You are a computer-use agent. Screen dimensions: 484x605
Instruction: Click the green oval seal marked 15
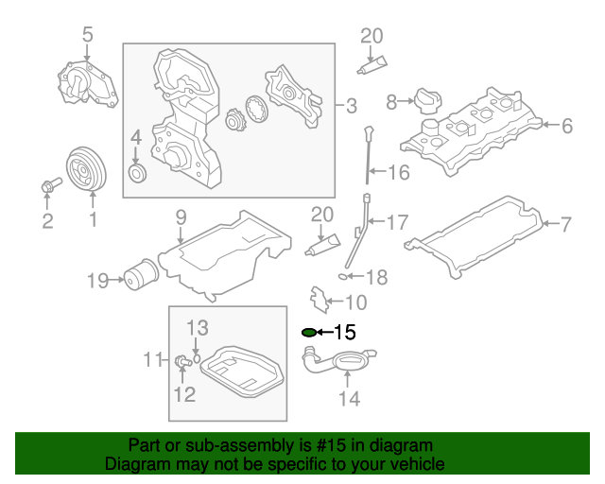tap(308, 333)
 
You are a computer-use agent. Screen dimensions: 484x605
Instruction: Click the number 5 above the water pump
tap(87, 35)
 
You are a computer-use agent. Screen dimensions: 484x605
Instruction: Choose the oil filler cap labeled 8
tap(424, 100)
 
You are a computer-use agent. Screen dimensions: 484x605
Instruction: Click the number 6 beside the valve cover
tap(565, 125)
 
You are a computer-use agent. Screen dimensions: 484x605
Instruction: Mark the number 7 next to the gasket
tap(565, 224)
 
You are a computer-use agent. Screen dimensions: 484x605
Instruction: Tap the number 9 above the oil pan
tap(180, 218)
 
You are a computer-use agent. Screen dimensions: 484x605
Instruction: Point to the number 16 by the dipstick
tap(399, 172)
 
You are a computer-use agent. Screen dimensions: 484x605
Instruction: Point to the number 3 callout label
tap(350, 104)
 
